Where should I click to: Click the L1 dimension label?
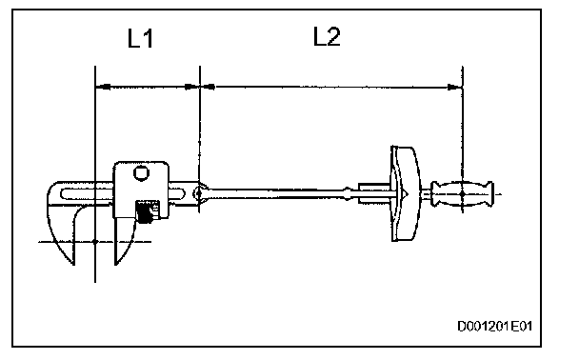(x=140, y=38)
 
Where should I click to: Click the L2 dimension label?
(x=327, y=36)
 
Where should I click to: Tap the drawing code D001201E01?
(x=495, y=327)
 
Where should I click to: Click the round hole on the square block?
(x=141, y=172)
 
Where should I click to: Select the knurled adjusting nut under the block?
(x=146, y=212)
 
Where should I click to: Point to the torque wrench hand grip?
(x=462, y=194)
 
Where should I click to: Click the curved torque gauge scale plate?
(x=405, y=194)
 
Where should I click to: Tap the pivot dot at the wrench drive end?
(x=199, y=192)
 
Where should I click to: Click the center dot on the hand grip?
(x=462, y=194)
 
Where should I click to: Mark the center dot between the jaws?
(x=95, y=242)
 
